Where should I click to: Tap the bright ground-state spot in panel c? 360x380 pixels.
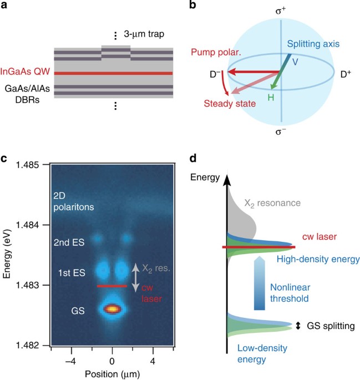pos(113,308)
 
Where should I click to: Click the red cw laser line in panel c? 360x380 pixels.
pos(113,286)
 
